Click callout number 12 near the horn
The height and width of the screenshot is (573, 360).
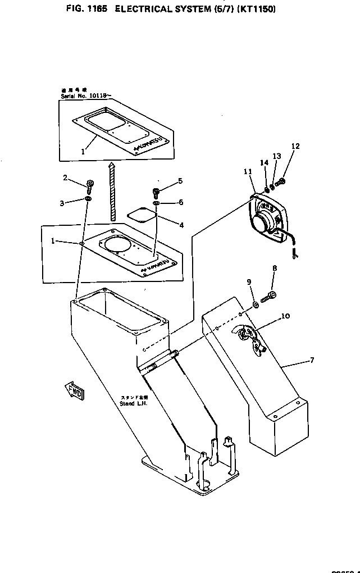point(295,147)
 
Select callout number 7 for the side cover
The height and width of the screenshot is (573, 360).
point(312,360)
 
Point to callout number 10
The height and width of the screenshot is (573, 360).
point(285,316)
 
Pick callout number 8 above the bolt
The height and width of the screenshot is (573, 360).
point(275,269)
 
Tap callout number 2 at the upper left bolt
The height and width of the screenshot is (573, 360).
point(65,178)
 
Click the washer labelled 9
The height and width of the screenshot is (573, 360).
point(256,304)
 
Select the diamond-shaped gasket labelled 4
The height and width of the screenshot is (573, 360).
point(140,215)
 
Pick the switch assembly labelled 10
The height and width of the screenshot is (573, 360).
point(247,335)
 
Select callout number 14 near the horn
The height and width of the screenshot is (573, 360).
point(264,163)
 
